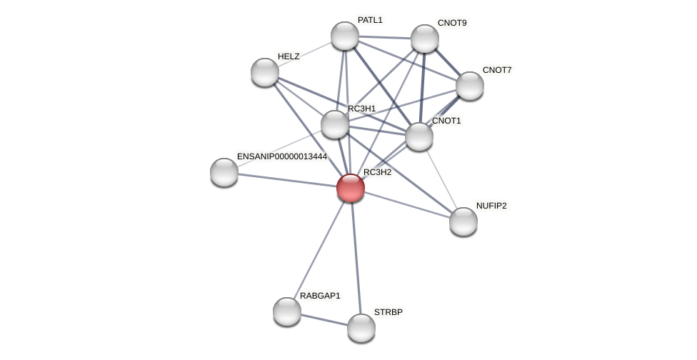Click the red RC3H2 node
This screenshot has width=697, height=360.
[x=350, y=188]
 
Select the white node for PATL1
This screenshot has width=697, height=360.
[x=344, y=36]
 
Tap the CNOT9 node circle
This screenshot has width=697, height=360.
[x=424, y=39]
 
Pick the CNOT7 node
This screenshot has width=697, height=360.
[x=469, y=86]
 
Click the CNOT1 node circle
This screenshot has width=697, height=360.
[x=418, y=136]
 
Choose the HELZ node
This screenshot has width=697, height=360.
[x=265, y=72]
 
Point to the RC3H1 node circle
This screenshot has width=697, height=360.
[x=334, y=124]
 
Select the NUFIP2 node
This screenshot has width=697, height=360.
[x=463, y=221]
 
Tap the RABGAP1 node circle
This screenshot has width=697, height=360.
[x=287, y=311]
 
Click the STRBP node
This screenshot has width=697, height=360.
[x=361, y=328]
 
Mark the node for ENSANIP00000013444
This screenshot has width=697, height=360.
[x=224, y=172]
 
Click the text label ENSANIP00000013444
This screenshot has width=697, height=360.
[x=281, y=156]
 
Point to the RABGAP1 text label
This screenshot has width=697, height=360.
[x=320, y=296]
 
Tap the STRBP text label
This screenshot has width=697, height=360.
[x=388, y=312]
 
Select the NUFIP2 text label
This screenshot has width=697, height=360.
[x=491, y=206]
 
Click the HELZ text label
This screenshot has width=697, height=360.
[x=289, y=56]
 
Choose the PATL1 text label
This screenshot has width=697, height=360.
[x=370, y=20]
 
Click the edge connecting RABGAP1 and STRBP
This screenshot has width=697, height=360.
[x=324, y=319]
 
